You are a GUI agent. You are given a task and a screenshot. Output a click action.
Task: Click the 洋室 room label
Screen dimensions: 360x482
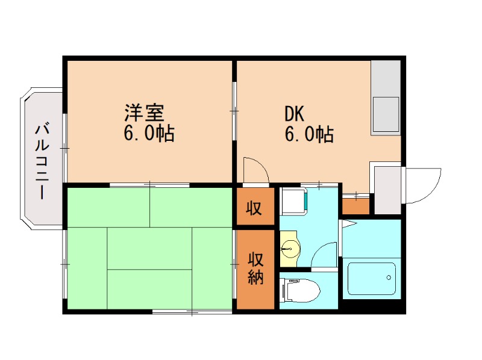pos(145,113)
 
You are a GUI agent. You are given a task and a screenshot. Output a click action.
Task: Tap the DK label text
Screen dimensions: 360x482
pos(295,113)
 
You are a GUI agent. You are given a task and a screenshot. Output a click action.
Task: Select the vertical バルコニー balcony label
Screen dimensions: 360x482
pos(42,160)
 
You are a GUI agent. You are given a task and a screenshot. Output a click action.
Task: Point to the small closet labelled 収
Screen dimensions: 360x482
pos(255,208)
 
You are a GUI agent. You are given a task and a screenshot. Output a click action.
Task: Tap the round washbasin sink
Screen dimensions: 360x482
pos(291,247)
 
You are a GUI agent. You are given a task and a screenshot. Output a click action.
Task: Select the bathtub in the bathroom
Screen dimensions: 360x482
pos(372,278)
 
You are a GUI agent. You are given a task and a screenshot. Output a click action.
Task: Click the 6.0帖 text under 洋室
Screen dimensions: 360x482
pos(149,133)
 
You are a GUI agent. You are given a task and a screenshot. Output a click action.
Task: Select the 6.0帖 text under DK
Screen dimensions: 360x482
pos(309,133)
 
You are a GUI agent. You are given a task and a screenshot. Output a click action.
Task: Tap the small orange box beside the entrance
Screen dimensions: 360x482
pos(356,206)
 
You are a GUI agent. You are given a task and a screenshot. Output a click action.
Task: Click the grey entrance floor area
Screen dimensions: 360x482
pos(387,190)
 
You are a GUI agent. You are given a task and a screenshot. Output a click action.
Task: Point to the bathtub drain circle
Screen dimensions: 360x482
pos(389,278)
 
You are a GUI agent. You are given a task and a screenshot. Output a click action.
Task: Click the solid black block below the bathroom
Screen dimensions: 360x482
pos(372,306)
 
